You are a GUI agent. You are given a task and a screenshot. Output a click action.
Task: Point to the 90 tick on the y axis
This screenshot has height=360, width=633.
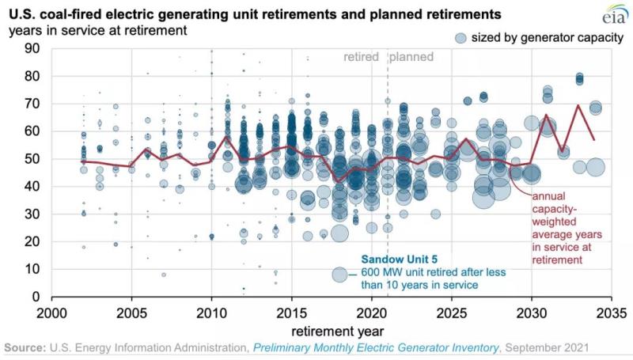pos(33,47)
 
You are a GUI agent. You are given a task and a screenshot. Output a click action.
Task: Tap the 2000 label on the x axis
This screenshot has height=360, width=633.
pos(52,311)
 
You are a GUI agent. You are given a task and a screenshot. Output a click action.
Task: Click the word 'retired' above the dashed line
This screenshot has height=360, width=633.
pos(362,57)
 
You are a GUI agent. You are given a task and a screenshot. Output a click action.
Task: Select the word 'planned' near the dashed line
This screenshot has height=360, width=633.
pos(411,57)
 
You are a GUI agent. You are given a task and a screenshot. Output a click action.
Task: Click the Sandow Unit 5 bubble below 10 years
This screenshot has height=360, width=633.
pos(340,274)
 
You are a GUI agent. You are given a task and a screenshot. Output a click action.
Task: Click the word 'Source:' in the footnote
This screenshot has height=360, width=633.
pos(25,348)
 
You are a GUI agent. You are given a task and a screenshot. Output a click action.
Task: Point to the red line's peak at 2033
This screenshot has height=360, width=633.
pos(579,104)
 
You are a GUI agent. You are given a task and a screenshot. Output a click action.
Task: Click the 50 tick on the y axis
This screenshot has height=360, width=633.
pos(33,158)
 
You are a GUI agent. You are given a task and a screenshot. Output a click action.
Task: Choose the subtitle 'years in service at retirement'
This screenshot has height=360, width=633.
pos(98,31)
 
